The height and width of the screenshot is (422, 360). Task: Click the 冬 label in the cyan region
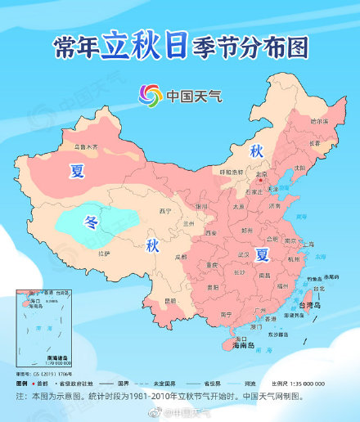pos(91,221)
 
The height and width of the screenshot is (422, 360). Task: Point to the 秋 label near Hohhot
pos(255,151)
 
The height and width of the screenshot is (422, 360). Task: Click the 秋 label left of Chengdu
pos(153,246)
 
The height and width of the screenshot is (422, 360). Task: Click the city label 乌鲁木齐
pos(81,147)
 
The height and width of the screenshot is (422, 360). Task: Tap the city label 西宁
pos(167,210)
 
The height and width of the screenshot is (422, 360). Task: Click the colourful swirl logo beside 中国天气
pos(151,95)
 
